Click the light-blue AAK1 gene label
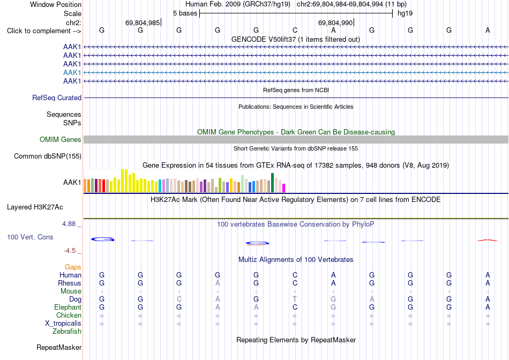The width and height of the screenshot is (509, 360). pos(72,72)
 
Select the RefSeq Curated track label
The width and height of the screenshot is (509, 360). pos(57,97)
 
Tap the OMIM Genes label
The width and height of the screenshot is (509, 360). pos(61,140)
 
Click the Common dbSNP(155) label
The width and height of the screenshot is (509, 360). pos(48,156)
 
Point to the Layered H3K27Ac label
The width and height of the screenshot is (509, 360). pos(35,207)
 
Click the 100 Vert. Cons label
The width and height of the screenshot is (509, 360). pos(30,237)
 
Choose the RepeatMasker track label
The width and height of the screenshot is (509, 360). pos(59,347)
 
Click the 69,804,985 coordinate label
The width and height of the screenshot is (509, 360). pos(143,22)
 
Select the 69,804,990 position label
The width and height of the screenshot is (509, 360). pos(335,22)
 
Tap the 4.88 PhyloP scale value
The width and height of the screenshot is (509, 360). pos(69,224)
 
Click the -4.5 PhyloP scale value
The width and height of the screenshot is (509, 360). pos(70,251)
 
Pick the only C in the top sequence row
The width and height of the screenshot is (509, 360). pos(295,30)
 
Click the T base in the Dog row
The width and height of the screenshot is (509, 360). pos(295,299)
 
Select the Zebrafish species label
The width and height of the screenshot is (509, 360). pos(67,332)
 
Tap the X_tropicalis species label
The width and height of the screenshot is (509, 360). pos(63,324)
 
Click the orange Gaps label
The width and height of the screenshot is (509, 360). pos(73,267)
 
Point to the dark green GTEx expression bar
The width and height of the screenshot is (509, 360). pos(273,183)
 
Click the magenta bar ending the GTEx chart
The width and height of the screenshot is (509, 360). pos(284,188)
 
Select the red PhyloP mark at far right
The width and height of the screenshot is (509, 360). pos(488,240)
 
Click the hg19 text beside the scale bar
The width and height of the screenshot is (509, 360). pos(405,13)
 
